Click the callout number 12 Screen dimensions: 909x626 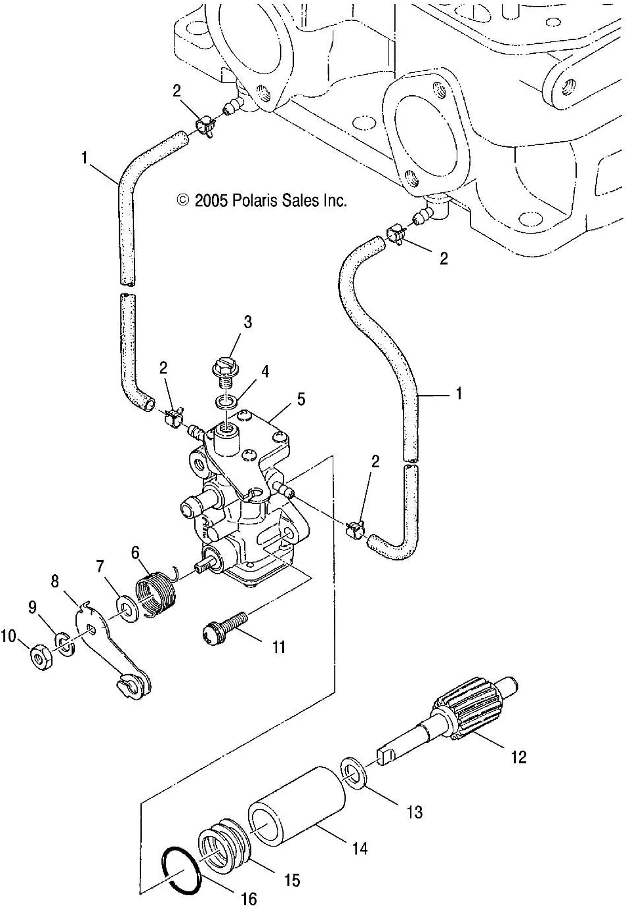[518, 757]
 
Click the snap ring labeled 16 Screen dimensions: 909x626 [182, 870]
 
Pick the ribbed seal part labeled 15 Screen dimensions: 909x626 [223, 851]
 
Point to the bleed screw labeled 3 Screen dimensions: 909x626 [224, 371]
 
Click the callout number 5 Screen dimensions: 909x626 [301, 398]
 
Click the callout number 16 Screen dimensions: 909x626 [249, 898]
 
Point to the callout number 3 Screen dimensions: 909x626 [247, 322]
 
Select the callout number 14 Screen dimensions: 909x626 [360, 849]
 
